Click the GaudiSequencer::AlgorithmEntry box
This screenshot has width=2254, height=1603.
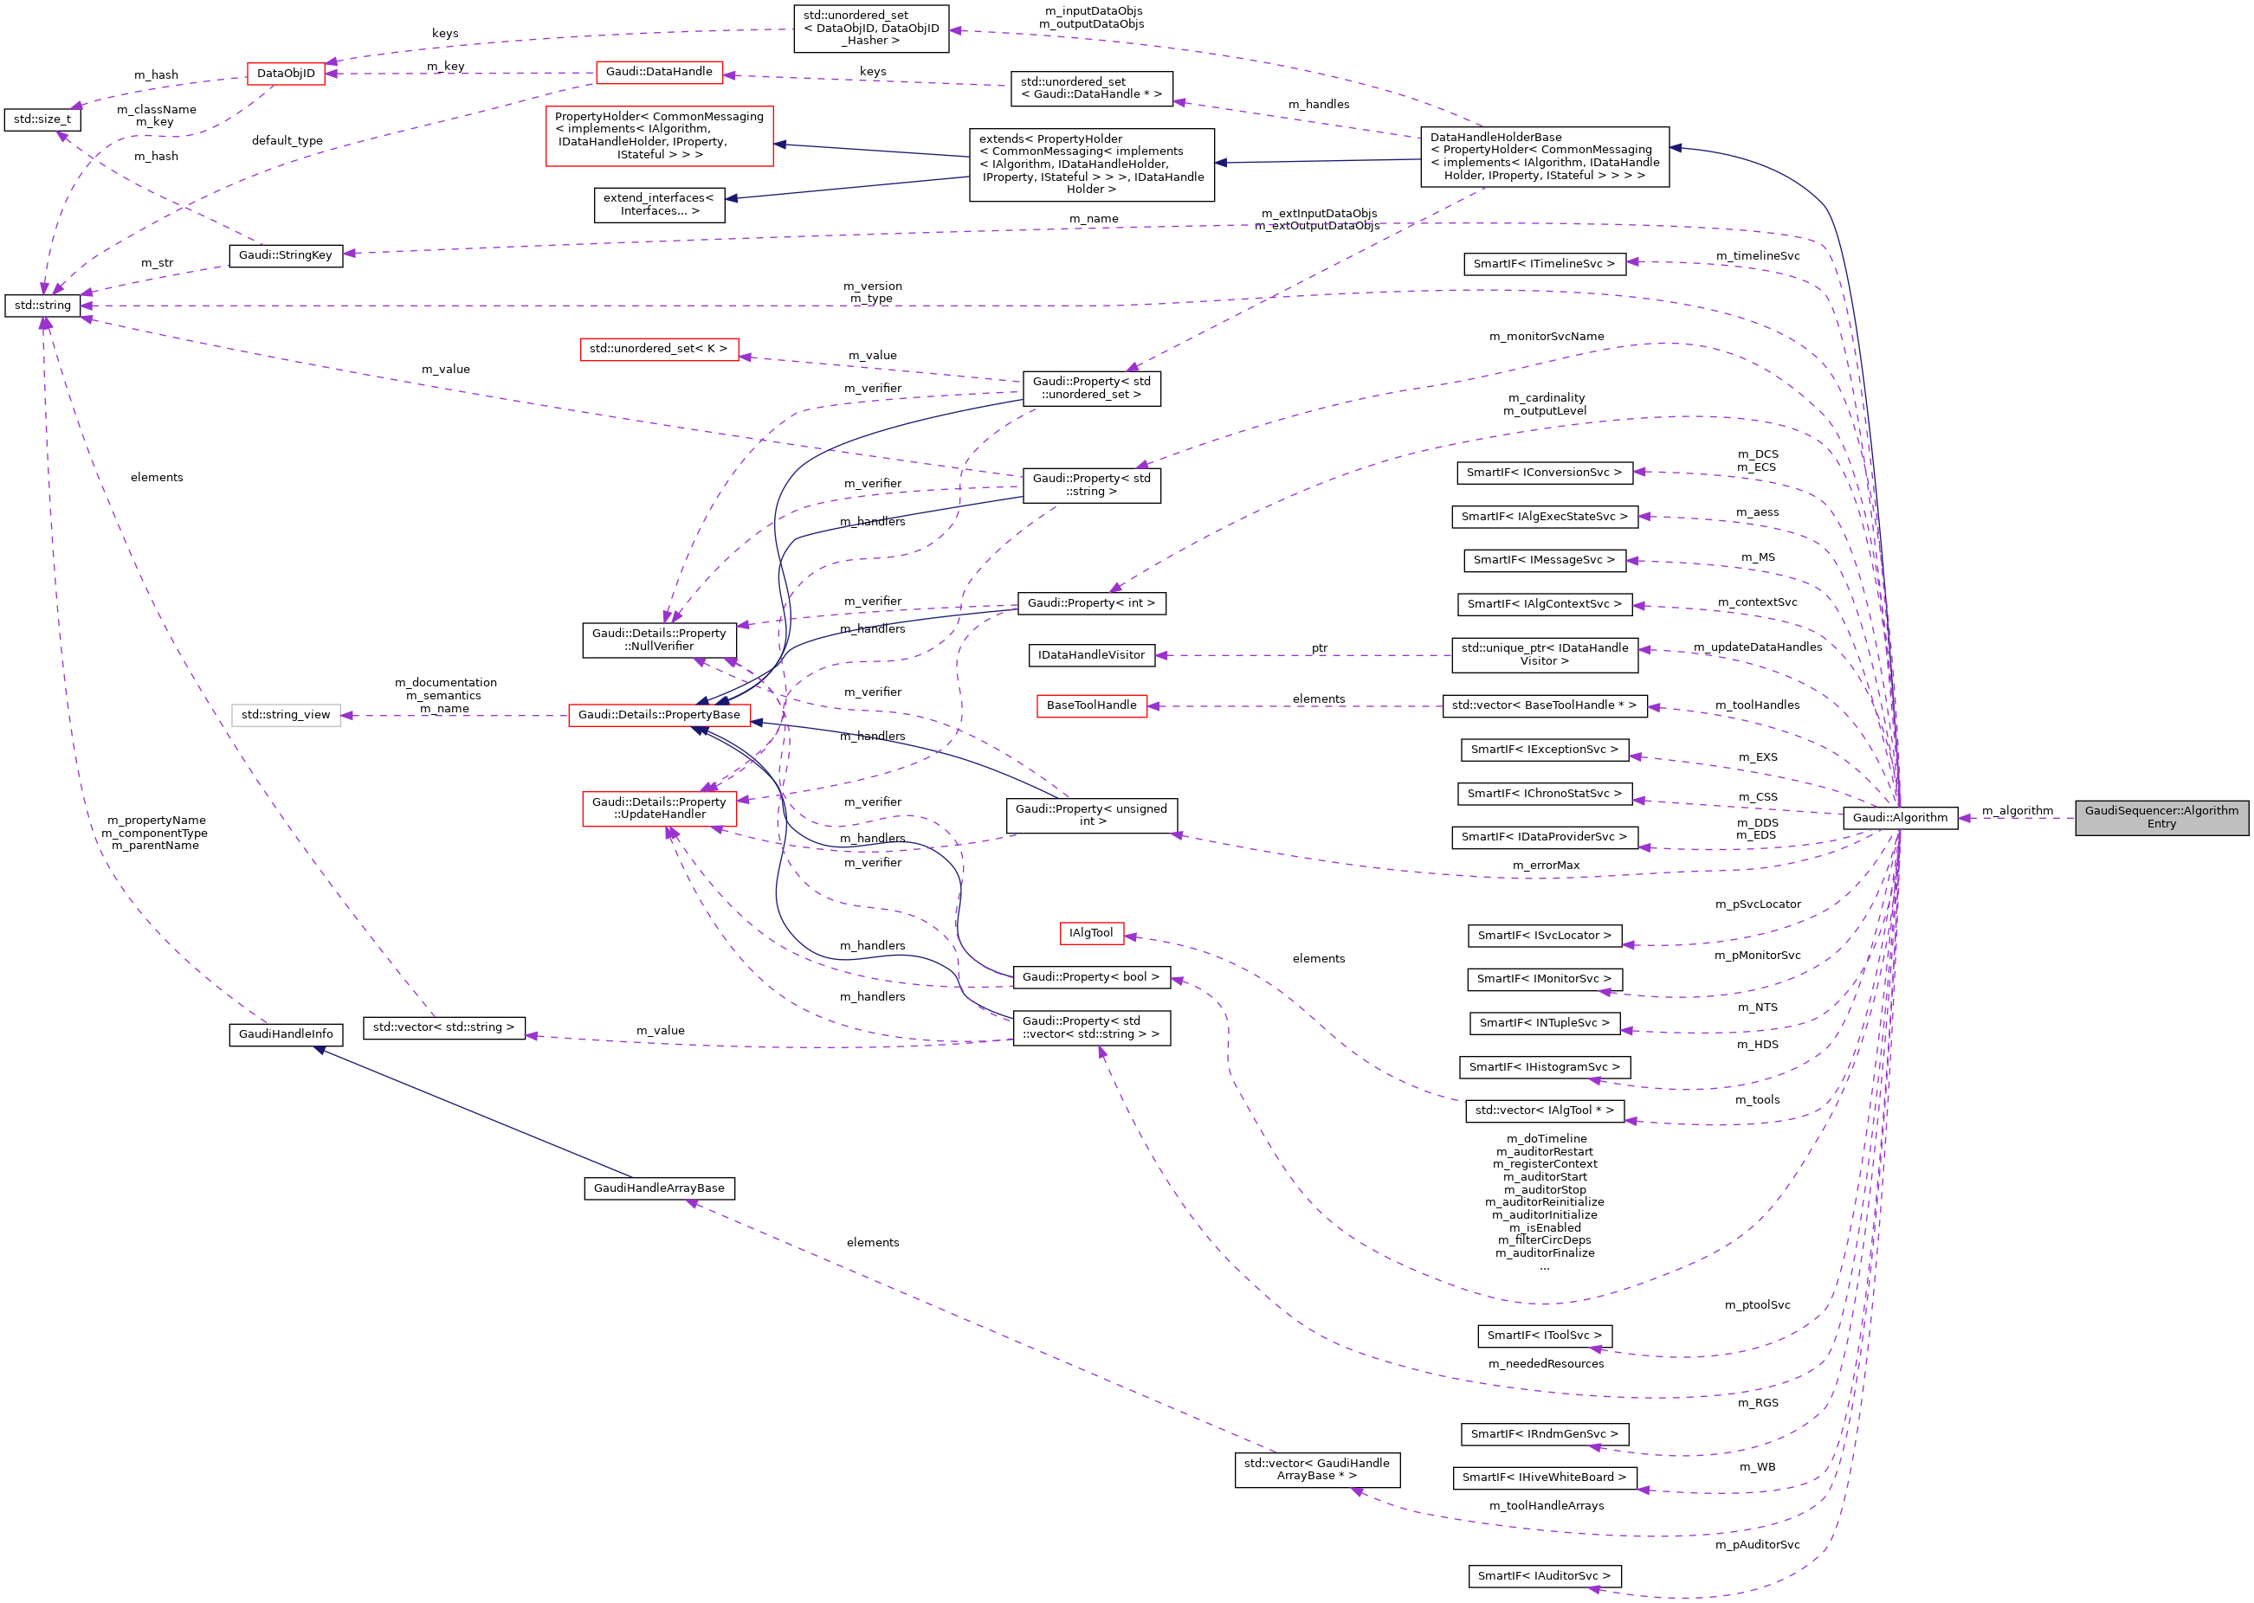(2160, 817)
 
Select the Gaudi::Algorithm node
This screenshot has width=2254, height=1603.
(1899, 817)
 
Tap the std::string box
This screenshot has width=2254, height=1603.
(42, 305)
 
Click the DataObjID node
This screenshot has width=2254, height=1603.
(286, 73)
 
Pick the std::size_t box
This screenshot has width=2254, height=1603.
(42, 119)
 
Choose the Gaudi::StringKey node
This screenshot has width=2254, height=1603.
(286, 254)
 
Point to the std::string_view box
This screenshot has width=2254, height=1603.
(286, 715)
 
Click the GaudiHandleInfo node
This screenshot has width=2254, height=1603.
(286, 1033)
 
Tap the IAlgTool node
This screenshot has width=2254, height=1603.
(1090, 933)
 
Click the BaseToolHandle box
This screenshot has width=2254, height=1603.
(1091, 705)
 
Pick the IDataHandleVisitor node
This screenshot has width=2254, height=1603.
(1091, 654)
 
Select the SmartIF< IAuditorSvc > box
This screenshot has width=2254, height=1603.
(1543, 1575)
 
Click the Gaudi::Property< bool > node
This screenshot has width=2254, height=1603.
(1091, 976)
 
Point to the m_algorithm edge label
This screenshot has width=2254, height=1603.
(2017, 810)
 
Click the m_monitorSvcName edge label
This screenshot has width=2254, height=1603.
(1547, 337)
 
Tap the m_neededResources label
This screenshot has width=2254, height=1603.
(1547, 1363)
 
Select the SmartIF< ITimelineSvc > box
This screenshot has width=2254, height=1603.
(1543, 263)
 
